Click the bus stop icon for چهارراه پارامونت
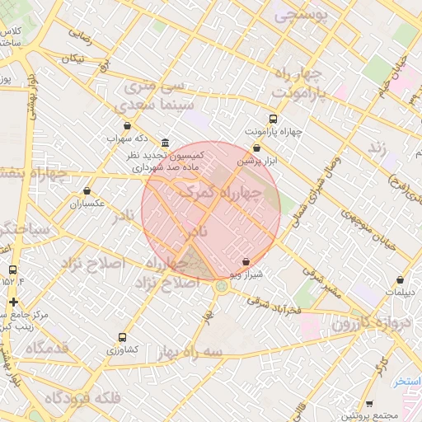point(273,118)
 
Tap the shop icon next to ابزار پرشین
point(257,148)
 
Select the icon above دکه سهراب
point(126,126)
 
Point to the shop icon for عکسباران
point(87,190)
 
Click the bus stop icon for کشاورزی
point(122,336)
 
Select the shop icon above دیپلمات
point(400,280)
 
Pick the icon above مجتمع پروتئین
point(368,403)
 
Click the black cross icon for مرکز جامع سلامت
point(12,302)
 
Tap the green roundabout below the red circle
point(222,287)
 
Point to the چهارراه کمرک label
point(218,192)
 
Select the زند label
point(377,147)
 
